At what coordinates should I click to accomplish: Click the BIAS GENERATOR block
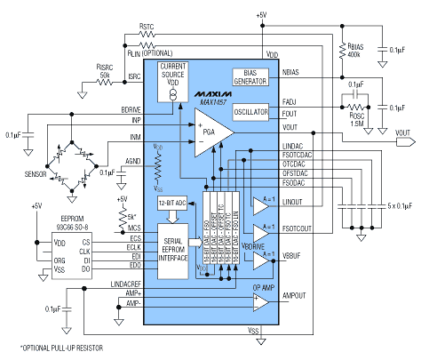[x=251, y=76]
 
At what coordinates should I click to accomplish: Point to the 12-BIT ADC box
[x=171, y=203]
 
